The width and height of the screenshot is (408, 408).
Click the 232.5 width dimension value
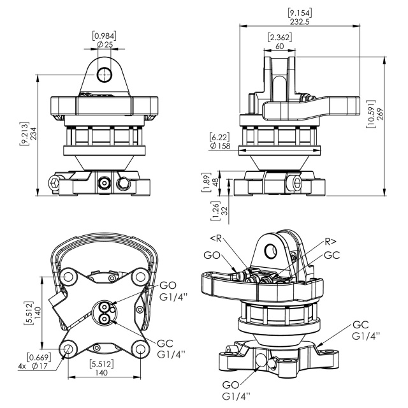(x=300, y=22)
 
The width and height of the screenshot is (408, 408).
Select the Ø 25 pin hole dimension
(x=105, y=45)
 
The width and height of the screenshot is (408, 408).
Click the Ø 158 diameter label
(x=220, y=146)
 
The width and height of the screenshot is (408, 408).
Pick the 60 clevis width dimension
(x=279, y=47)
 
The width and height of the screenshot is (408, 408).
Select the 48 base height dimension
(x=215, y=182)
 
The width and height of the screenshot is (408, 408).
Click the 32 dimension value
(x=224, y=210)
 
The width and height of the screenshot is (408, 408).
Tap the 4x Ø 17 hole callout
(x=33, y=366)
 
